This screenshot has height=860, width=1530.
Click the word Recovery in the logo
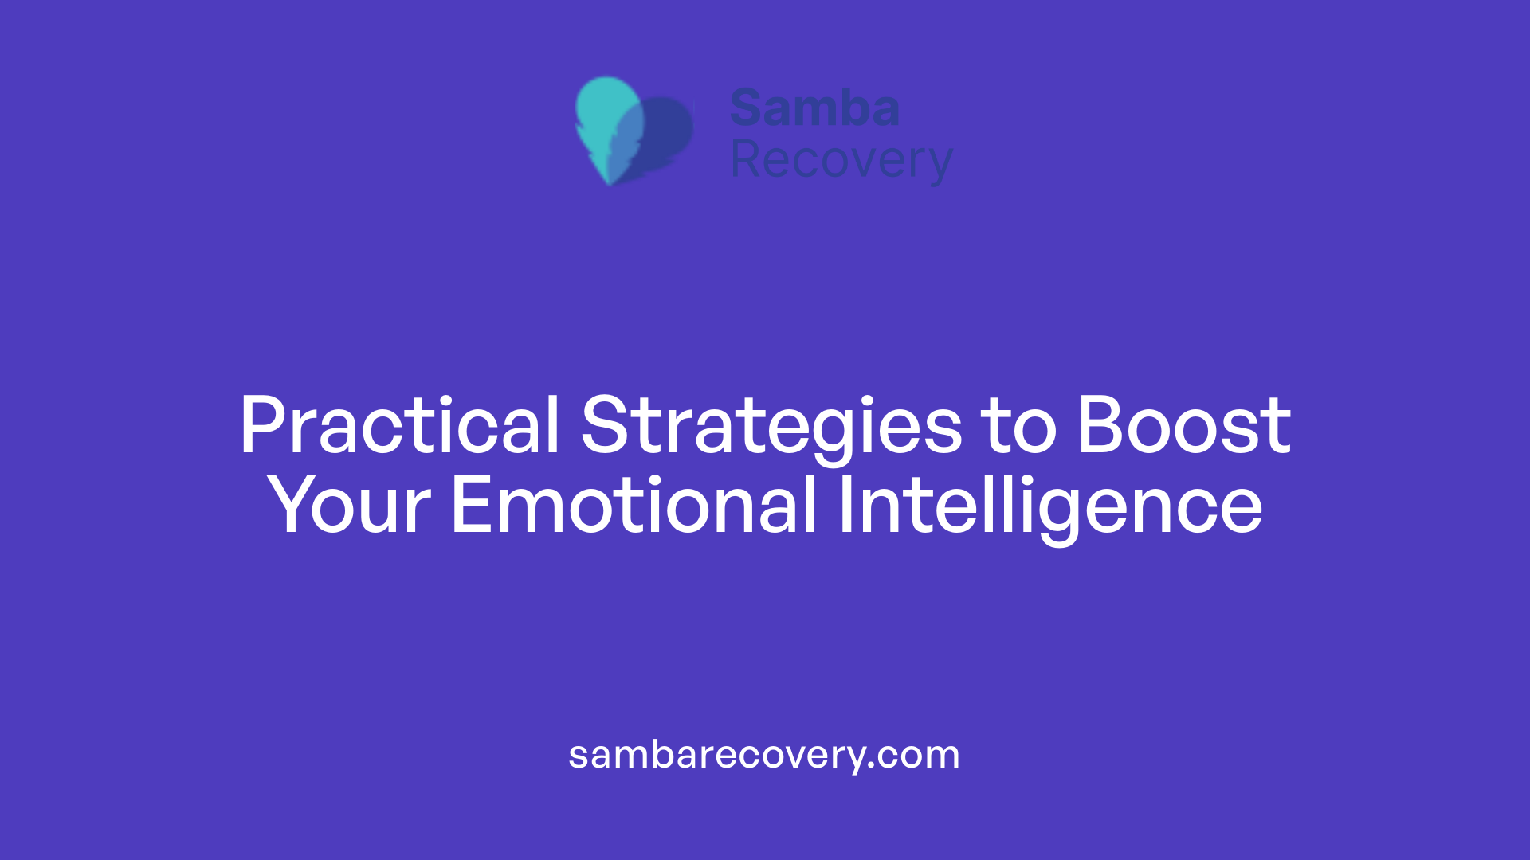coord(841,161)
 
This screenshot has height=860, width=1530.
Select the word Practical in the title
coord(399,426)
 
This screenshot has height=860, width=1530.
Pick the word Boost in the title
coord(1183,426)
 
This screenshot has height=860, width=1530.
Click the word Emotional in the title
coord(634,506)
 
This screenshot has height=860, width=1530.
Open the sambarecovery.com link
coord(763,755)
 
